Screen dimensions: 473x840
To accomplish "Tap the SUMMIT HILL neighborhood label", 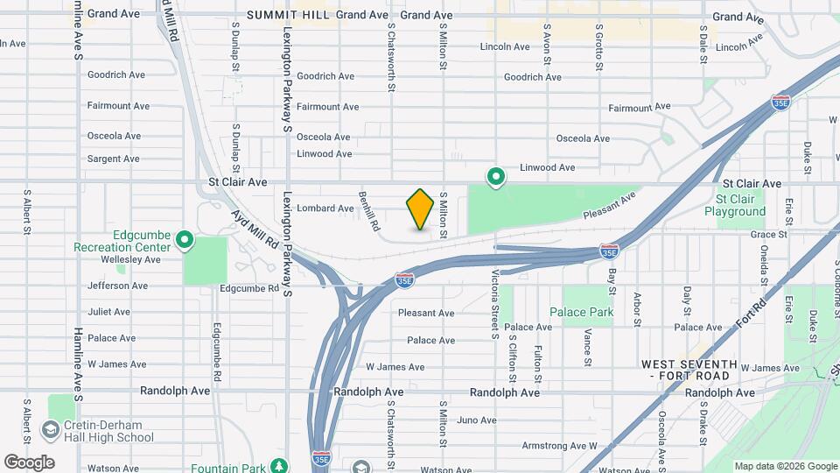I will tap(288, 15).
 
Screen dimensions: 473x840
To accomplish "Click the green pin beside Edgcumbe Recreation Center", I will tap(185, 238).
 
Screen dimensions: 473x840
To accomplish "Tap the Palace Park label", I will tap(581, 312).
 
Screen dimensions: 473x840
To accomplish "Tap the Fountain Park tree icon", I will tap(279, 467).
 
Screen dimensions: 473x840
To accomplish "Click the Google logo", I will tap(29, 462).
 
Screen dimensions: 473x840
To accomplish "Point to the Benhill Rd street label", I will tap(369, 211).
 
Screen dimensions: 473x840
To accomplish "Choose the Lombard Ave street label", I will tap(325, 208).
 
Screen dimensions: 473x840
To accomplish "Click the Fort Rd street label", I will tap(751, 314).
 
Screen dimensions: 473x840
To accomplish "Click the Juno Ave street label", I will tap(476, 420).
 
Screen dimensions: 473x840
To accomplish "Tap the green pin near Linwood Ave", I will tap(495, 177).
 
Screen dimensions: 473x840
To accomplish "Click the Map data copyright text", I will tap(784, 466).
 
